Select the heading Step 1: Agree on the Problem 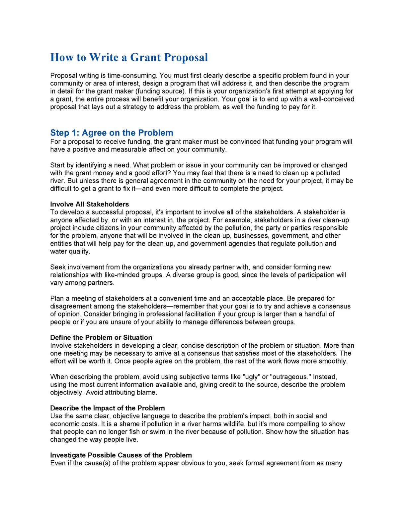(x=112, y=133)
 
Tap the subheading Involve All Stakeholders (x=89, y=204)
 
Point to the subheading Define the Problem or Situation (x=101, y=337)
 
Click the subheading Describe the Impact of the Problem (x=107, y=408)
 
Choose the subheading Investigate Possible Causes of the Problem (x=121, y=455)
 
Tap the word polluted (x=328, y=173)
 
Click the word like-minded (x=123, y=275)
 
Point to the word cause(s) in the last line (x=97, y=463)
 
